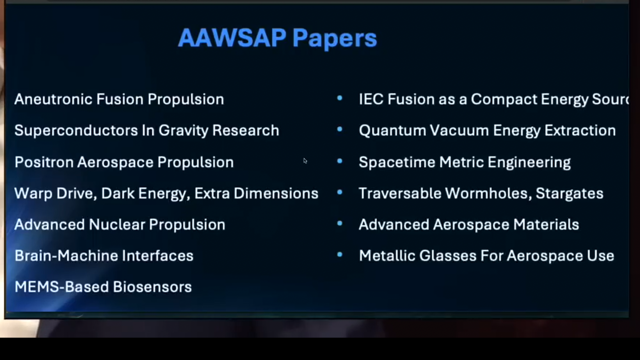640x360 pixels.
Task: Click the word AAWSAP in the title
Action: pos(232,38)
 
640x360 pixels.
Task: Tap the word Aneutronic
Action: pos(53,99)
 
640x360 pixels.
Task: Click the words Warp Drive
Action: pos(56,194)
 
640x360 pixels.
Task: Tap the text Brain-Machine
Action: pos(66,256)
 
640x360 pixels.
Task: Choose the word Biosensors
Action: pos(152,287)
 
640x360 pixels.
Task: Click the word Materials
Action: pos(546,225)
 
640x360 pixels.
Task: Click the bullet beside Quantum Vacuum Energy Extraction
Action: pos(340,129)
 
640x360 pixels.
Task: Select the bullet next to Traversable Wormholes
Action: pos(340,192)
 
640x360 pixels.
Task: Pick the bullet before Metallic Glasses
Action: pos(340,255)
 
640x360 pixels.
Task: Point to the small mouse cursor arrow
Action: pos(305,161)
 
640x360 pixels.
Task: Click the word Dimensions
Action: pos(276,194)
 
